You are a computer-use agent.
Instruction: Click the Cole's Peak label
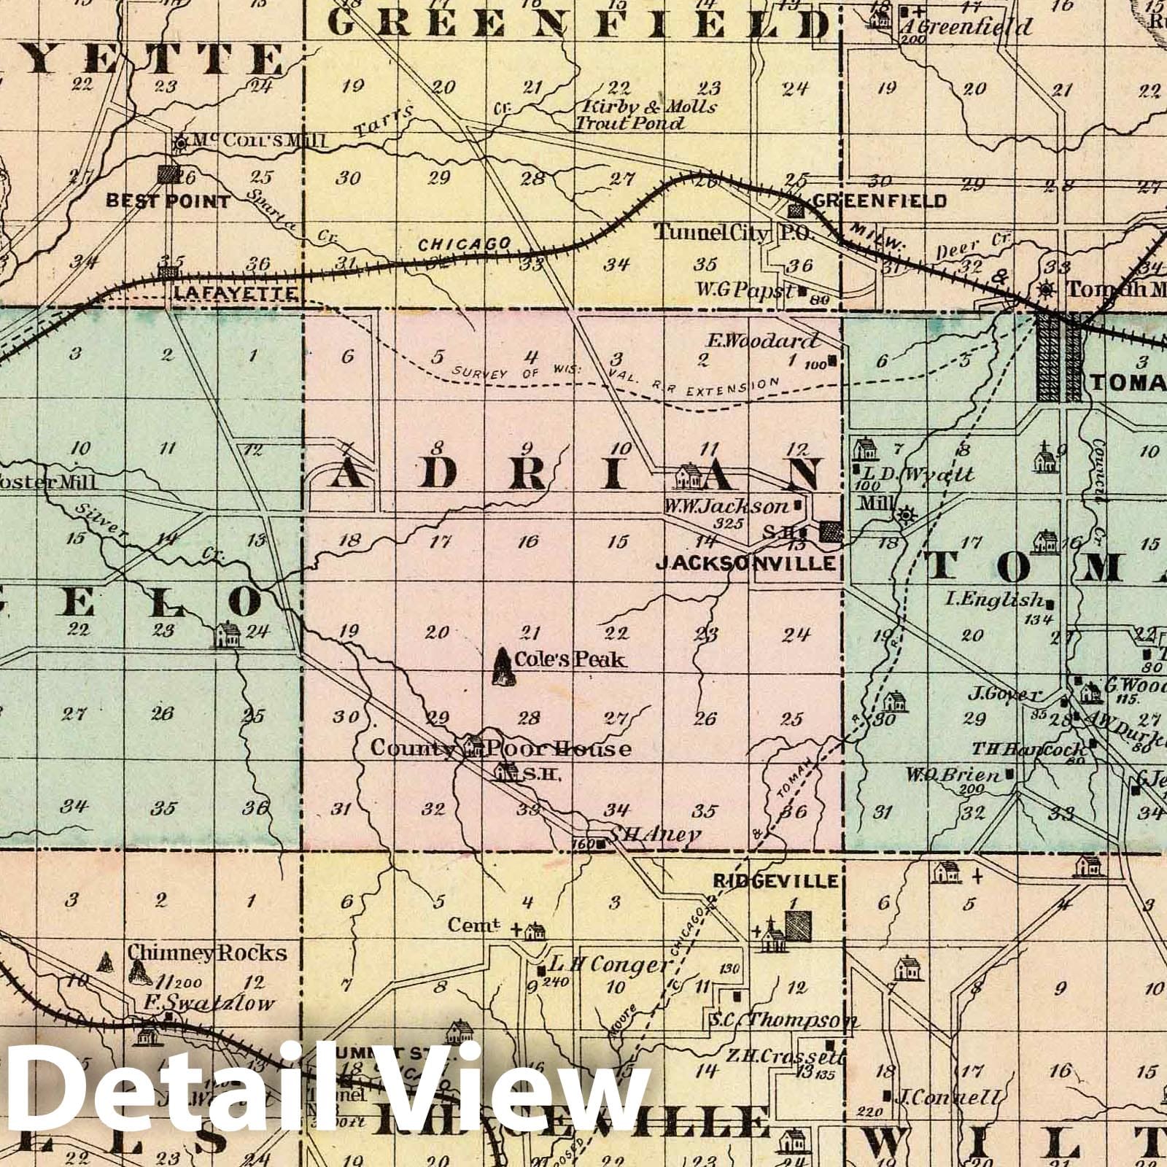click(x=570, y=659)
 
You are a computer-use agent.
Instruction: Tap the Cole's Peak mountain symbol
click(x=502, y=667)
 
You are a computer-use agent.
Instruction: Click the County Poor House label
click(x=501, y=749)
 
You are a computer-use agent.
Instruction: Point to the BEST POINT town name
click(x=168, y=201)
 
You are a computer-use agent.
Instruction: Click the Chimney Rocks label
click(x=207, y=953)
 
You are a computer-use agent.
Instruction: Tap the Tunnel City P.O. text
click(x=721, y=233)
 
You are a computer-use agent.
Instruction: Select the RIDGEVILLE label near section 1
click(x=775, y=881)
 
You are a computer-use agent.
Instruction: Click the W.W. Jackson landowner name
click(x=726, y=505)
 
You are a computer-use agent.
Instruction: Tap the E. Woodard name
click(x=762, y=341)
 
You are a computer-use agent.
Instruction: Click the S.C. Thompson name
click(x=783, y=1020)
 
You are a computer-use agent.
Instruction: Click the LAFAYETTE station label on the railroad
click(x=235, y=293)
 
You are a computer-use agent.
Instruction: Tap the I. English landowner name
click(x=993, y=600)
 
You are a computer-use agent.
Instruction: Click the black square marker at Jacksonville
click(x=829, y=531)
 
